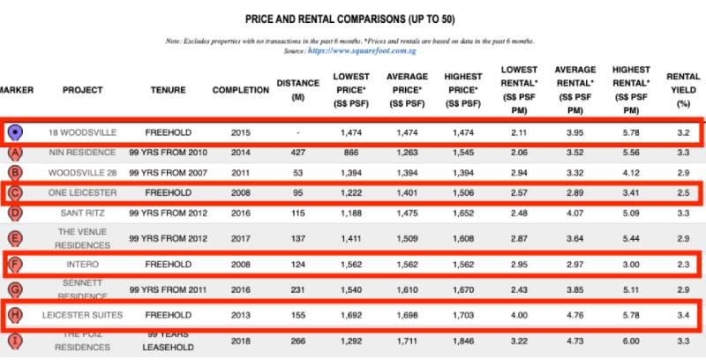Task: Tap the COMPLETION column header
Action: (x=241, y=90)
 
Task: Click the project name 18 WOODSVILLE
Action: (x=83, y=132)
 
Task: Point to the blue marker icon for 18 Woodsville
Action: (x=15, y=133)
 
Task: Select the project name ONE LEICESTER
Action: (x=83, y=192)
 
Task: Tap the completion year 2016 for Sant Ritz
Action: (x=241, y=213)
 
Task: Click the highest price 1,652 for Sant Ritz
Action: (x=463, y=213)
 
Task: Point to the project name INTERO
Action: (x=83, y=262)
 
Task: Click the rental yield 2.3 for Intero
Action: (x=682, y=262)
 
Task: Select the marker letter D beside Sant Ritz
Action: (x=15, y=213)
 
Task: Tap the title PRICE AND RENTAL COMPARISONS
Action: (x=351, y=19)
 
